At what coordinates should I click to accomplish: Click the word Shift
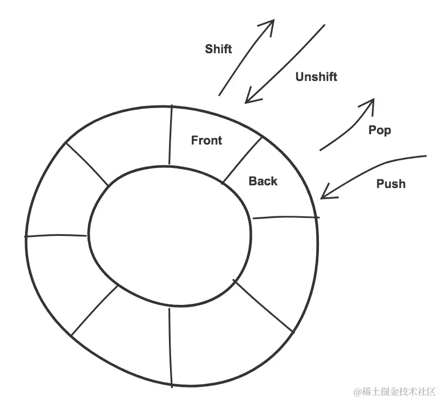tap(218, 49)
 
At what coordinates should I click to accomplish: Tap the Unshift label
tap(316, 77)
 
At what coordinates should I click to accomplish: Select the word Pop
tap(380, 130)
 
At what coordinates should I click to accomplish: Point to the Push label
tap(391, 184)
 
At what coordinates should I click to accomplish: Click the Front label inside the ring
tap(206, 140)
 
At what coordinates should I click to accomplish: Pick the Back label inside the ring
tap(263, 181)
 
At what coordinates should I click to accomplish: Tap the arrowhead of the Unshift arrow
tap(248, 99)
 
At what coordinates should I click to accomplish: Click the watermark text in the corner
tap(396, 391)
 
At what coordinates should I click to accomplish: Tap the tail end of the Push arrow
tap(425, 157)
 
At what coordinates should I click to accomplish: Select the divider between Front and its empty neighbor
tap(171, 135)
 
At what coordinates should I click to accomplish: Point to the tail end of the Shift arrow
tap(219, 96)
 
